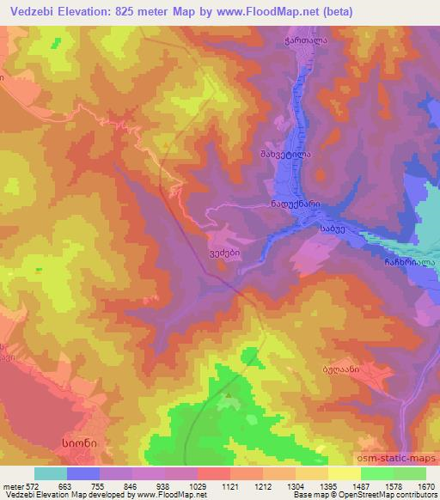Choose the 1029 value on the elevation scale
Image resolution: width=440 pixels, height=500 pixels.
197,485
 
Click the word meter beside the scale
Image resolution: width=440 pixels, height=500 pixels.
12,485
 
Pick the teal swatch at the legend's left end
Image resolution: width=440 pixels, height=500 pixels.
51,473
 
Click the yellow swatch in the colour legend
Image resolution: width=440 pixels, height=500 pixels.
344,473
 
